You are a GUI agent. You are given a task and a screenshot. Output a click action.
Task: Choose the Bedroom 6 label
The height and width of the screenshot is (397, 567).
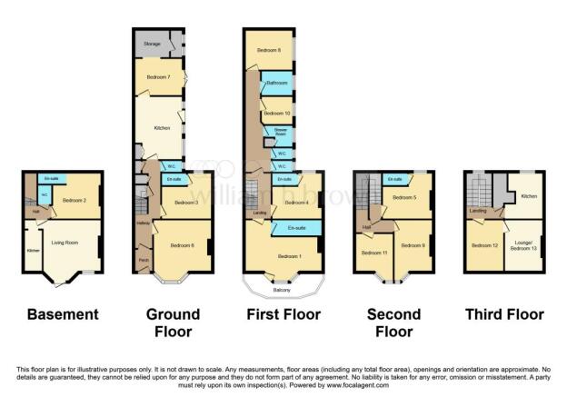point(181,243)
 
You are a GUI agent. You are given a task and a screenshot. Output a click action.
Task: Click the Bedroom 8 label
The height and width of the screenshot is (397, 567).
point(267,50)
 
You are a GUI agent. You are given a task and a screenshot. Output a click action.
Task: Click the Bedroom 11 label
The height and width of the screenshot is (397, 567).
point(373,252)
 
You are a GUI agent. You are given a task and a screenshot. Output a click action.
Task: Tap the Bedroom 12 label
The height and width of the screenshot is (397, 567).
point(482,245)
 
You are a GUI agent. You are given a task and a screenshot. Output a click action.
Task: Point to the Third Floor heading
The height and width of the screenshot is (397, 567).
point(503,314)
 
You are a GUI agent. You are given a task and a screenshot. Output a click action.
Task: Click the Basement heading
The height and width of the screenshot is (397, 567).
point(63,314)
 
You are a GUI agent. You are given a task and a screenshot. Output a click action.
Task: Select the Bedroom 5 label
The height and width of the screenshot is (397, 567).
point(404,197)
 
